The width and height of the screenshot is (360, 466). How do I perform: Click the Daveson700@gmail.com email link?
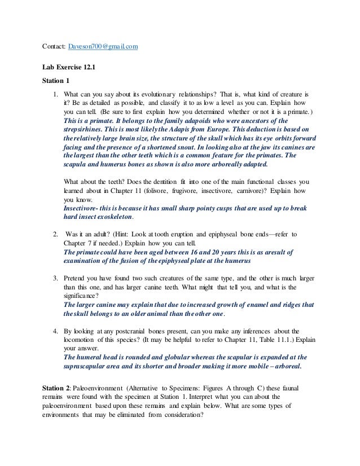tap(103, 46)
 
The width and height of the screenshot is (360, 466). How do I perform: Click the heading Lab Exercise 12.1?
tap(69, 67)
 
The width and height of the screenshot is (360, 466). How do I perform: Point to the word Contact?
tap(54, 46)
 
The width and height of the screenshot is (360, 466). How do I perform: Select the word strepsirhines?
tap(85, 129)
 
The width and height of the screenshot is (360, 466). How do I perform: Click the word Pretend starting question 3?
tap(77, 279)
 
